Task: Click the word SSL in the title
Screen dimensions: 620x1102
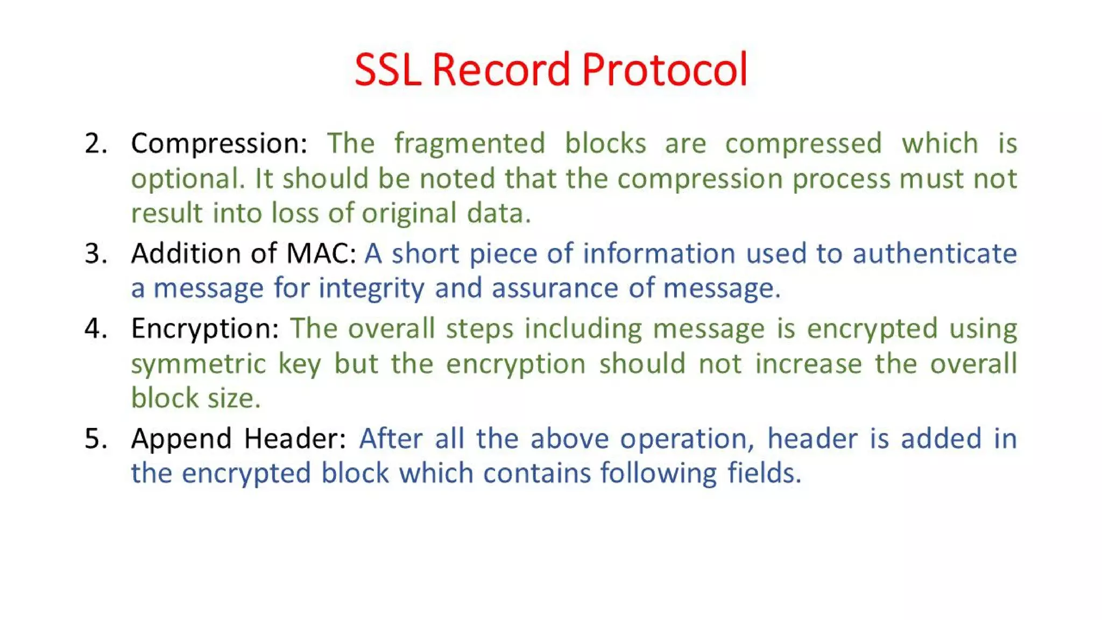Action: point(387,70)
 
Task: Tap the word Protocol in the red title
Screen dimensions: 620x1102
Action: point(665,70)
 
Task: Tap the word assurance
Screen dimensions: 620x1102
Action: point(554,288)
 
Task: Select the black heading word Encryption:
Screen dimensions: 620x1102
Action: point(205,328)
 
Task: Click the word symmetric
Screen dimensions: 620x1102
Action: point(199,364)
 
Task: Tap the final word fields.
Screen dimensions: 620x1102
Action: point(764,474)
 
